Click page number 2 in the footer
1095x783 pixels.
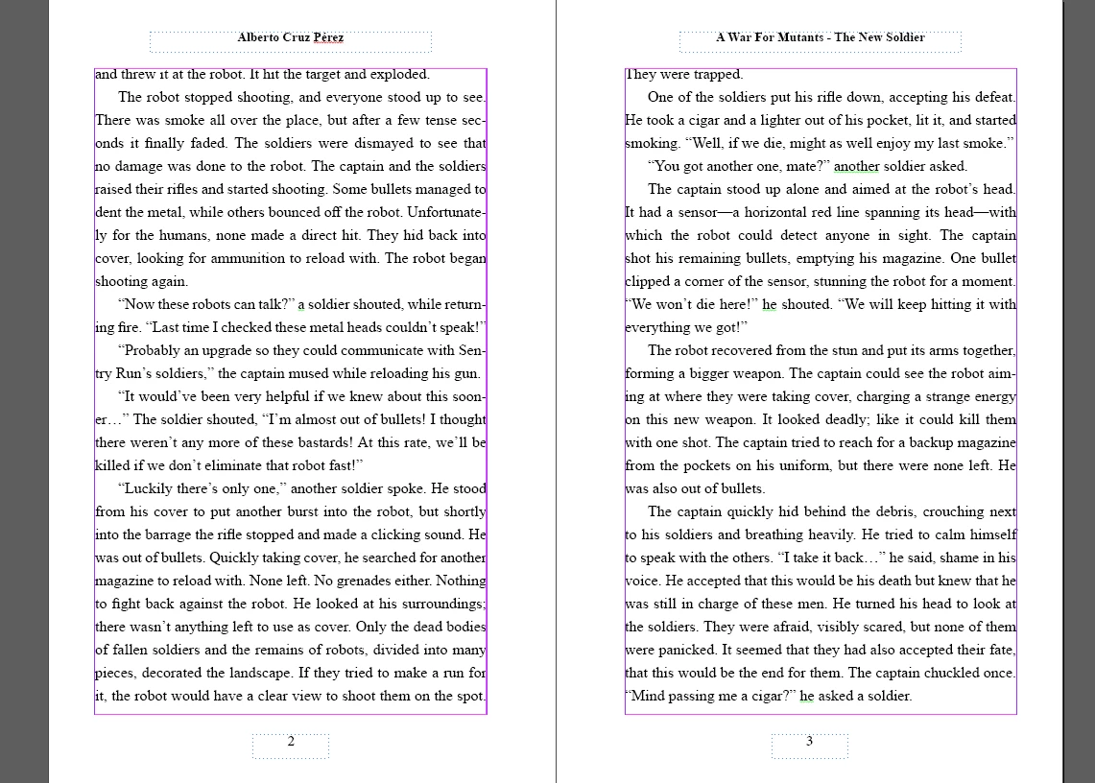(x=291, y=741)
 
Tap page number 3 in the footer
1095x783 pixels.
(x=809, y=741)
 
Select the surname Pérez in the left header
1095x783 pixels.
(x=327, y=38)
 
